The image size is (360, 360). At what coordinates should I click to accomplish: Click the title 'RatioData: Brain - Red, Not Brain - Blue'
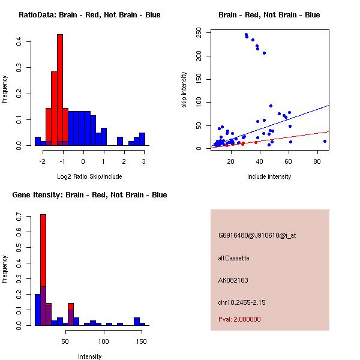(x=89, y=15)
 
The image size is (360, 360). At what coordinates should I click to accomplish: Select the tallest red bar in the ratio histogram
(x=60, y=90)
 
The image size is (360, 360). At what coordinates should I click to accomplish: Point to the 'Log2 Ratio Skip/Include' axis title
(x=89, y=176)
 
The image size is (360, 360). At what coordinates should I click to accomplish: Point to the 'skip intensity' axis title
(x=184, y=90)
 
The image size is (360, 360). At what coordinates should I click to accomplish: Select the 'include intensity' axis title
(x=269, y=176)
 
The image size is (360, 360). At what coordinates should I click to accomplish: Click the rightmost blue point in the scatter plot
(x=325, y=141)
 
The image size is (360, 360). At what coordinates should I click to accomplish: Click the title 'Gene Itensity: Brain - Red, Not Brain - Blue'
(x=89, y=195)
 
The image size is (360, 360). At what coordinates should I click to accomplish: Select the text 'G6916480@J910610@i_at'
(x=257, y=235)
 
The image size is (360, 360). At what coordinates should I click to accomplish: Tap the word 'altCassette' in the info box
(x=233, y=258)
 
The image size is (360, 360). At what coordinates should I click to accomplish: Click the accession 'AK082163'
(x=233, y=280)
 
